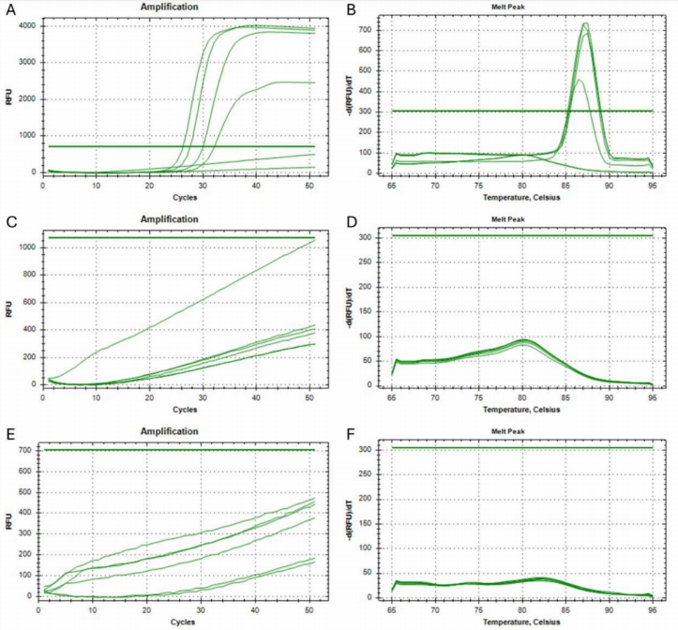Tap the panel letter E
pyautogui.click(x=9, y=435)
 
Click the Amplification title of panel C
pyautogui.click(x=175, y=220)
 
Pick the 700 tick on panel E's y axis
pyautogui.click(x=28, y=450)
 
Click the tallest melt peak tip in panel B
pyautogui.click(x=585, y=24)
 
